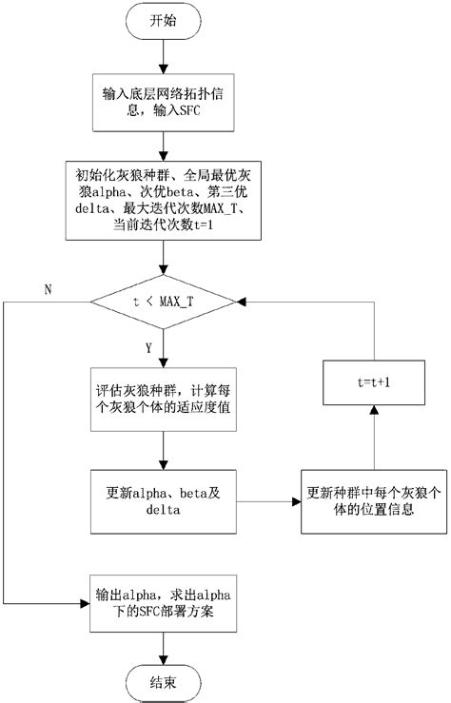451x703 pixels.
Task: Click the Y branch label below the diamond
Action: (x=148, y=347)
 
